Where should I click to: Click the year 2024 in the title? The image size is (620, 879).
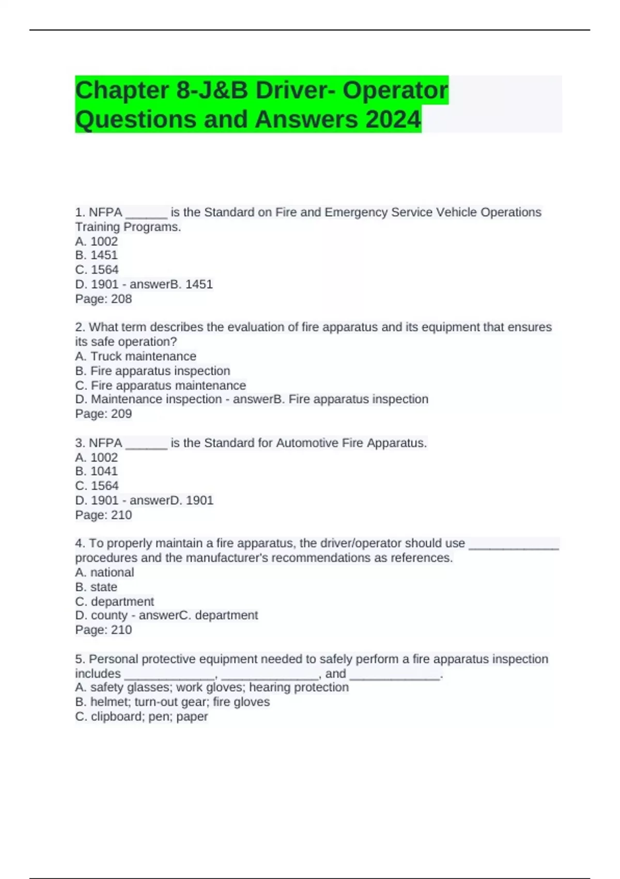point(393,119)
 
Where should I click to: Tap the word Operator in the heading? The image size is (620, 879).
point(395,90)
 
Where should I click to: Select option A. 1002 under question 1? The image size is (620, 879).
point(97,241)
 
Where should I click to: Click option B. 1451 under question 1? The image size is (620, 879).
point(97,255)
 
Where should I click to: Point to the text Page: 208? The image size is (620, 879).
point(103,299)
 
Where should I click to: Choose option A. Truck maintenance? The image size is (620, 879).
point(135,356)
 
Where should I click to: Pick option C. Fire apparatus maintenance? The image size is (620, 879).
point(160,385)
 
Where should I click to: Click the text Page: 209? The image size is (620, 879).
point(103,414)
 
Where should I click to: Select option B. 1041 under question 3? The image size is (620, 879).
point(97,471)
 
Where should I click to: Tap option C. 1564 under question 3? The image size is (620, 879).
point(97,486)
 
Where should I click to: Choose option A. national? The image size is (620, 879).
point(104,572)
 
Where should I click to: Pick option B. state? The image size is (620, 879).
point(96,587)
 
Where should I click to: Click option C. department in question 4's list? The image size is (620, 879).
point(114,601)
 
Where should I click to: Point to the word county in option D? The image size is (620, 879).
point(109,615)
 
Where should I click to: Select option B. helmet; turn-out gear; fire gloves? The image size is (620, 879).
point(172,702)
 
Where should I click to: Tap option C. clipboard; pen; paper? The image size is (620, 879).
point(141,716)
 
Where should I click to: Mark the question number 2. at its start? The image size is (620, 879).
point(80,327)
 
